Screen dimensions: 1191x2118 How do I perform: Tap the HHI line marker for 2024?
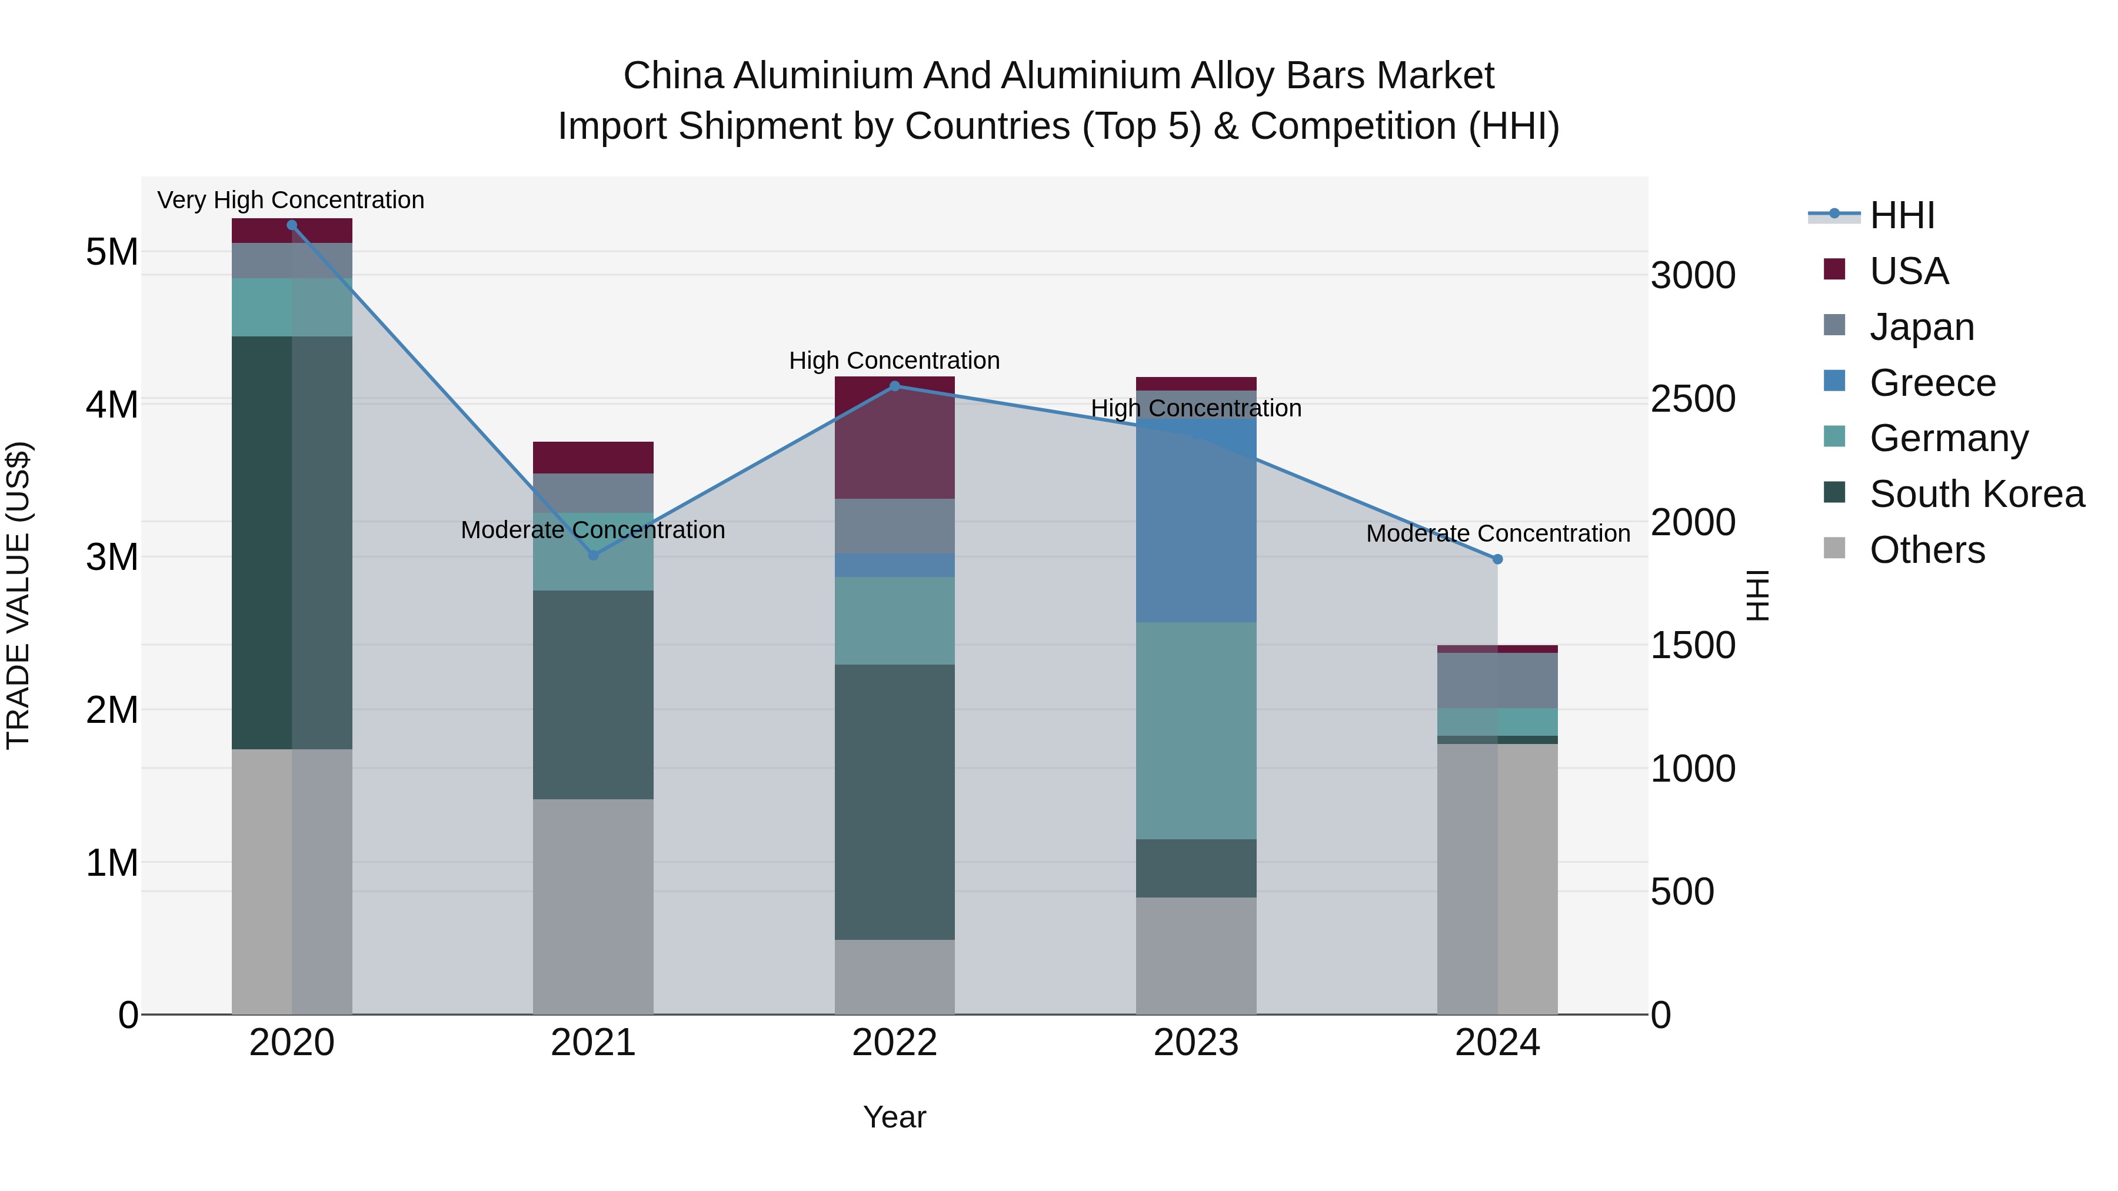[1497, 559]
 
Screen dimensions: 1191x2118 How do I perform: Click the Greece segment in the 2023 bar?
[1195, 526]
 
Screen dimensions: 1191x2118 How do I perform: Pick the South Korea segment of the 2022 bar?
[894, 802]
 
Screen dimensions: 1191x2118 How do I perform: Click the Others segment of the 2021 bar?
[593, 906]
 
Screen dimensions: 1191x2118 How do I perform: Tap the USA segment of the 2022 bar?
[894, 444]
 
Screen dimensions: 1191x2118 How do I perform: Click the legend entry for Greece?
[1931, 383]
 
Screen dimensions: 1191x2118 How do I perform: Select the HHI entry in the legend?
[1901, 215]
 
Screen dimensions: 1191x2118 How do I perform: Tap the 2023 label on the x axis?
[1195, 1042]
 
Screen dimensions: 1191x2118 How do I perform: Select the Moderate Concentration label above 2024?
[1497, 533]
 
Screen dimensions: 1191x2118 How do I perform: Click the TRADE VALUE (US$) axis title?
[18, 595]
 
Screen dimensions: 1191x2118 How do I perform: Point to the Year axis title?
[894, 1117]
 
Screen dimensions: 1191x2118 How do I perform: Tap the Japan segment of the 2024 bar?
[1497, 680]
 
